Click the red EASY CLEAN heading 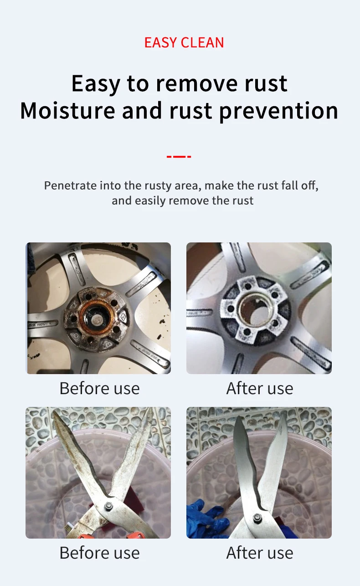click(x=184, y=43)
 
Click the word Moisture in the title click(x=68, y=111)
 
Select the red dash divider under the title click(x=179, y=157)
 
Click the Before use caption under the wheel click(x=99, y=388)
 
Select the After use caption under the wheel click(x=260, y=388)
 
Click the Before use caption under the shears click(x=99, y=553)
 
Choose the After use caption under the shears click(x=260, y=553)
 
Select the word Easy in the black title click(x=96, y=84)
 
